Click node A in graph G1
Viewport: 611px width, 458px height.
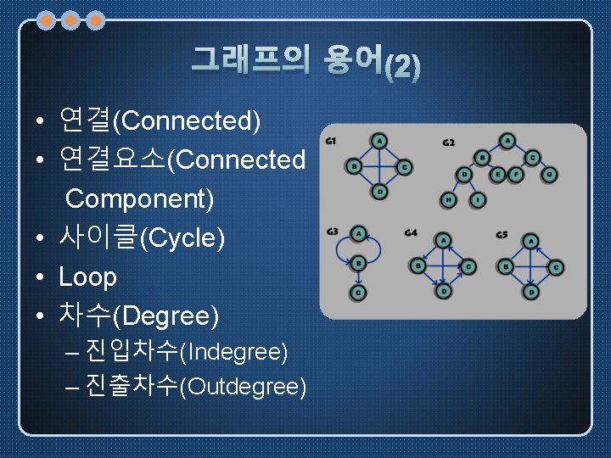(x=379, y=140)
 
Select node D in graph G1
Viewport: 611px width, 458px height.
(x=379, y=193)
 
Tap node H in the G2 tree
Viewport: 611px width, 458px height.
(x=448, y=200)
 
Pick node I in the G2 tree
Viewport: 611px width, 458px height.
(x=479, y=200)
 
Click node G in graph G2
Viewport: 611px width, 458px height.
(x=551, y=175)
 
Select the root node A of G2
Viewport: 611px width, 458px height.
(x=507, y=140)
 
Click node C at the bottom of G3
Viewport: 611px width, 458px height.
(x=359, y=293)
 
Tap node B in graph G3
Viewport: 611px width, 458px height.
(x=359, y=263)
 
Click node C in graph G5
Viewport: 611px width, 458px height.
(x=556, y=266)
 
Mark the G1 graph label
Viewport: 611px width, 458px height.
(x=331, y=140)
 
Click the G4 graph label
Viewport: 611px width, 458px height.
(x=411, y=233)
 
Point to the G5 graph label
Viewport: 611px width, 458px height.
(x=502, y=233)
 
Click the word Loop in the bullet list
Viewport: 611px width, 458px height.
(x=87, y=277)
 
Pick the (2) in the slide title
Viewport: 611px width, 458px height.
(x=401, y=67)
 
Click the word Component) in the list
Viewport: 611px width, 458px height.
(x=139, y=199)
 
